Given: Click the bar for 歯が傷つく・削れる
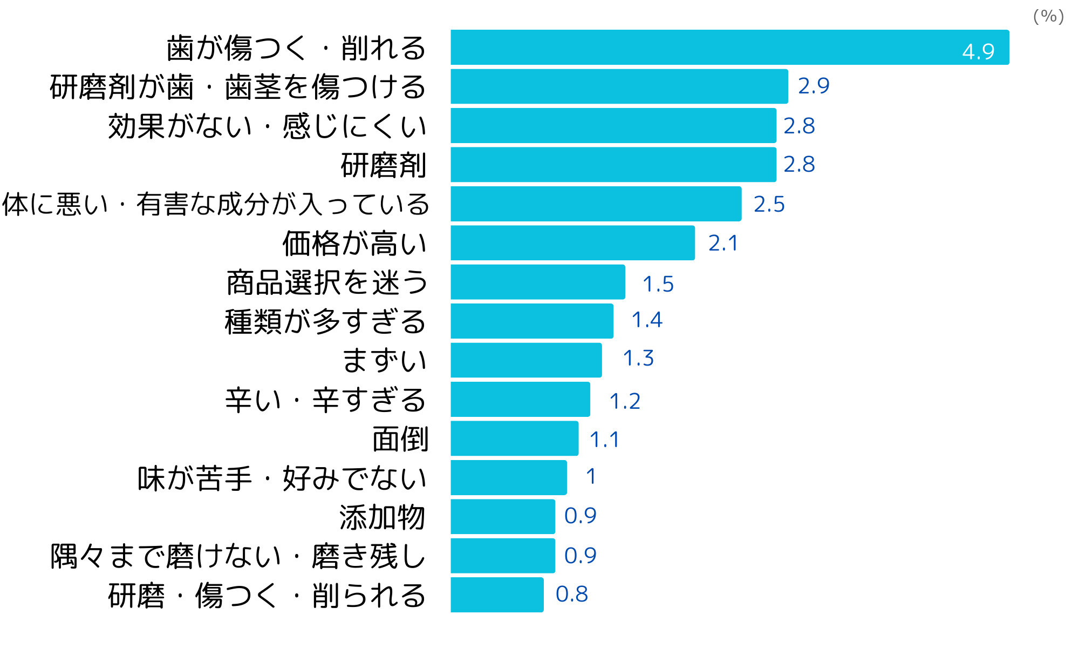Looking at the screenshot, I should [729, 48].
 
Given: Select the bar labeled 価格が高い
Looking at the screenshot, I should [572, 243].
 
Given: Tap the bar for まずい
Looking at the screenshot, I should [526, 360].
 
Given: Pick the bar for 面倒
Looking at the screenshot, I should [514, 438].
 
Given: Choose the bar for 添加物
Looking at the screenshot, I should [503, 517].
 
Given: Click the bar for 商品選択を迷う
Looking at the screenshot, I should [538, 282].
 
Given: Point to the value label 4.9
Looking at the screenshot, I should [978, 52].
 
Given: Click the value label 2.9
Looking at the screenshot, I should [814, 86].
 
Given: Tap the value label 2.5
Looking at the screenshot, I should [769, 204].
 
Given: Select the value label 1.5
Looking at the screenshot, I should [658, 284].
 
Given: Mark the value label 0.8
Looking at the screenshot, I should [571, 594].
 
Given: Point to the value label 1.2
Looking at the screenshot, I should [624, 401].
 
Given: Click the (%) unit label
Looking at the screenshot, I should [1048, 16].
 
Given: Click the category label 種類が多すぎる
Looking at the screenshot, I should [325, 322].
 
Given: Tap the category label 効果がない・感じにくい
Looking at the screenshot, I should [267, 126].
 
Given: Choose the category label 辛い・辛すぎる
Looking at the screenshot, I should [325, 400].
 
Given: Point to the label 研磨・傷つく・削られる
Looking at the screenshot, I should [267, 596].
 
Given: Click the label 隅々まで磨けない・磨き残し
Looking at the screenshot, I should [238, 556].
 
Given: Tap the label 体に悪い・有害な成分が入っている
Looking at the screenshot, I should [215, 204].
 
